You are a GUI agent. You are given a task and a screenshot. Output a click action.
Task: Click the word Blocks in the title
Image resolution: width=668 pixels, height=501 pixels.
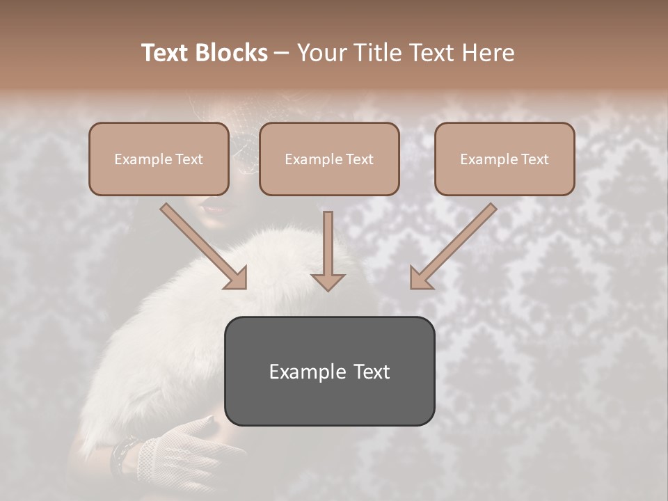click(x=232, y=53)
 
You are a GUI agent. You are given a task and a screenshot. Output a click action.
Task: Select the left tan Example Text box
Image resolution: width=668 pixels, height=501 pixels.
click(x=159, y=159)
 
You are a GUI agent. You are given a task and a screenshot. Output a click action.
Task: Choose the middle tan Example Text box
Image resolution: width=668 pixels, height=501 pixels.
click(x=329, y=159)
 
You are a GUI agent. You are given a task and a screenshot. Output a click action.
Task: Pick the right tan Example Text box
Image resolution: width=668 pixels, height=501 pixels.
click(x=504, y=159)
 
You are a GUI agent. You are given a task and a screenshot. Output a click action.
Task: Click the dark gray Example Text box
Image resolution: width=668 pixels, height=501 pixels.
click(x=329, y=372)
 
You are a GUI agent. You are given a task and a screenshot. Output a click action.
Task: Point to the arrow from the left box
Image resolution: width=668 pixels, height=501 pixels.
click(x=204, y=246)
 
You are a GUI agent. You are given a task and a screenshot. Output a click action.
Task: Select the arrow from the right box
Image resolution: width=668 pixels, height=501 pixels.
click(x=453, y=246)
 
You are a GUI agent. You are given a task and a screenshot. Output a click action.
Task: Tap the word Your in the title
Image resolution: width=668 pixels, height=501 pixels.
click(x=320, y=53)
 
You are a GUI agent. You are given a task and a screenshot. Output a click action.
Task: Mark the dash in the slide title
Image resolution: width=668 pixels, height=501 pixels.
click(x=283, y=53)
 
